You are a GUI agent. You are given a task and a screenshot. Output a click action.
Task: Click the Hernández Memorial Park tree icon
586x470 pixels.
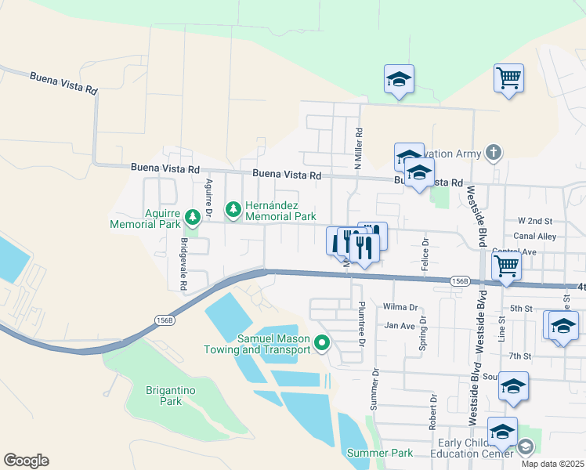[x=232, y=209]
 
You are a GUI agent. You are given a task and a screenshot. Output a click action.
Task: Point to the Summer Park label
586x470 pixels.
[x=380, y=453]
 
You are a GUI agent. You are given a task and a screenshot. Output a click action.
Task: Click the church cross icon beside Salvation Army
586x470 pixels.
[x=493, y=151]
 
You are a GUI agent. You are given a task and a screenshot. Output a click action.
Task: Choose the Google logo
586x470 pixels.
[x=26, y=461]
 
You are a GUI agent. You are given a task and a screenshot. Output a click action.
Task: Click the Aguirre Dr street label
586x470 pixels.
[x=209, y=199]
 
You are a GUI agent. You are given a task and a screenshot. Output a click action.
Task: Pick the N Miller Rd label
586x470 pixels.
[x=359, y=149]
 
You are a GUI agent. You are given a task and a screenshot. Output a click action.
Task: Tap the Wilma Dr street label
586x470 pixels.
[x=400, y=308]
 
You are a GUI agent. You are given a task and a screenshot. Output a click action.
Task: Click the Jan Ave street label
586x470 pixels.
[x=398, y=325]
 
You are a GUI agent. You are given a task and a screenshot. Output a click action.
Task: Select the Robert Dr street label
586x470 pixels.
[x=432, y=411]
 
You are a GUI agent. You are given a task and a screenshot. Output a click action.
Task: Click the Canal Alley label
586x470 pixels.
[x=535, y=235]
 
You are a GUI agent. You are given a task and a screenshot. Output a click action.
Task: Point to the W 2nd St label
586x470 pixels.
[x=535, y=221]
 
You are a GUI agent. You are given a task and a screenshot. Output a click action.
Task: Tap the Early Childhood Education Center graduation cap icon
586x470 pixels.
[x=526, y=446]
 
